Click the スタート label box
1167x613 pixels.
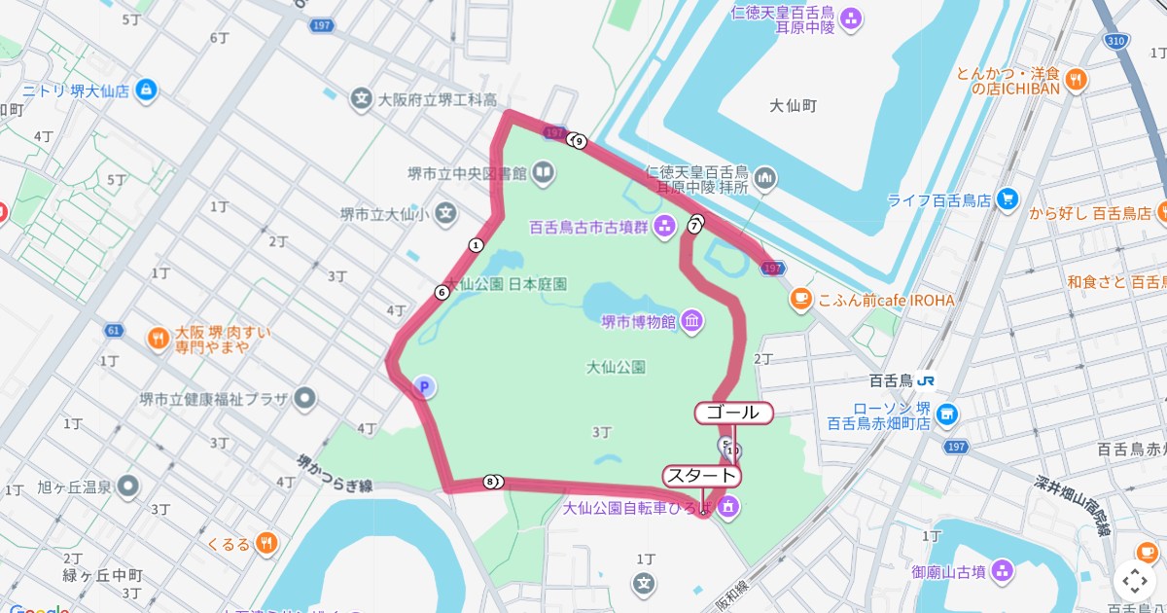point(701,476)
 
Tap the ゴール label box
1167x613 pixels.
point(733,413)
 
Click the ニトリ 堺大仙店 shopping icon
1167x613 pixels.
point(146,90)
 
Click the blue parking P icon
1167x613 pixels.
point(423,387)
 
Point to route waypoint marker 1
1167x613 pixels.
point(476,245)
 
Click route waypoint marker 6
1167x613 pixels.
point(442,292)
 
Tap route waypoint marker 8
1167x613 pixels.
point(493,482)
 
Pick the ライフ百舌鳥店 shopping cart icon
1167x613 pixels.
point(1008,200)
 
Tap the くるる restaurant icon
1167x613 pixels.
point(267,544)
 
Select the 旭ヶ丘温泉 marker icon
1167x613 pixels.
point(128,487)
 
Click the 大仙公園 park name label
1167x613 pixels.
point(617,367)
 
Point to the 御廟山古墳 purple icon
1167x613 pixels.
point(1004,571)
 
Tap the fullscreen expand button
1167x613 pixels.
point(1134,581)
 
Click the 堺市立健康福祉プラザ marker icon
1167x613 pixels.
point(305,397)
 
